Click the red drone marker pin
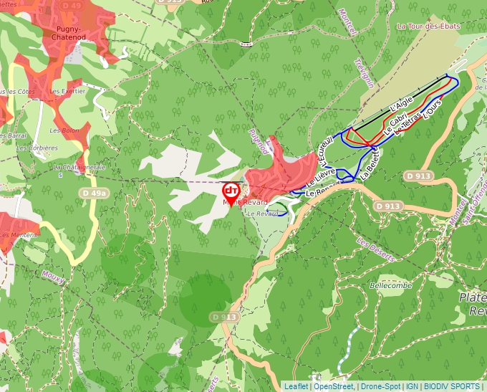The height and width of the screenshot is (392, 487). [x=231, y=192]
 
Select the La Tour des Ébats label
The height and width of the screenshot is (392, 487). [x=429, y=26]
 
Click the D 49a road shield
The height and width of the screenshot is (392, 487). [x=94, y=193]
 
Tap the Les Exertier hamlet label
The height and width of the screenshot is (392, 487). [x=68, y=91]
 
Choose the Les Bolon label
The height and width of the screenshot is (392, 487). [x=64, y=130]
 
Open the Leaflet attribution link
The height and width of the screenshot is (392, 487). [x=296, y=386]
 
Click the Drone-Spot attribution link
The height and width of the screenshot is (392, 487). [x=380, y=386]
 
